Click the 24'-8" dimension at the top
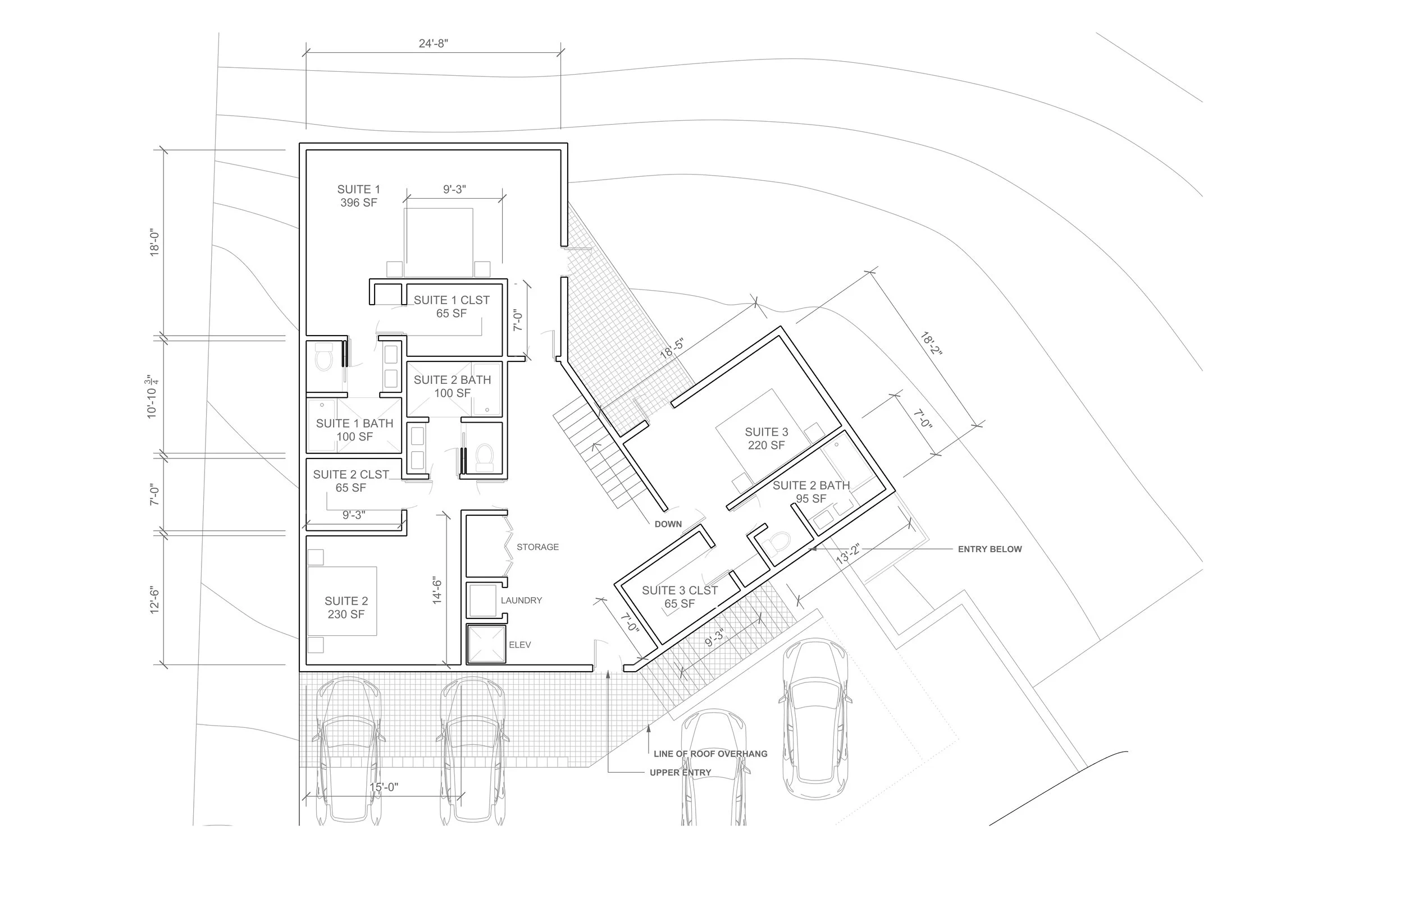pyautogui.click(x=433, y=44)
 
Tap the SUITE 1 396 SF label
pyautogui.click(x=358, y=196)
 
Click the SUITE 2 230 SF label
pyautogui.click(x=347, y=607)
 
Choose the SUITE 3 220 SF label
pyautogui.click(x=766, y=439)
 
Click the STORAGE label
pyautogui.click(x=537, y=547)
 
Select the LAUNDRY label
pyautogui.click(x=522, y=600)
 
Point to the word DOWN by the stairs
pyautogui.click(x=668, y=524)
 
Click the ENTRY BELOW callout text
pyautogui.click(x=990, y=549)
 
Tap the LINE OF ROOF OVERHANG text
pyautogui.click(x=710, y=754)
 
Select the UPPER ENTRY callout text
pyautogui.click(x=680, y=772)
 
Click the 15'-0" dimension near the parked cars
pyautogui.click(x=384, y=787)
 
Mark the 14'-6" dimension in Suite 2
pyautogui.click(x=437, y=590)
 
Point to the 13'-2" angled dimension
pyautogui.click(x=847, y=555)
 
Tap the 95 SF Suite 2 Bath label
pyautogui.click(x=811, y=499)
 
